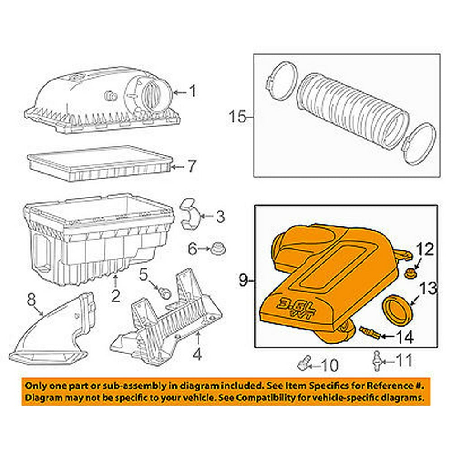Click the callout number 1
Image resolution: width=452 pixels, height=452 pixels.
(x=192, y=92)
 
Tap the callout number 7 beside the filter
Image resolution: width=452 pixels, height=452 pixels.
(x=192, y=167)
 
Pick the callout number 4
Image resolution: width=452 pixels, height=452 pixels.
(x=197, y=354)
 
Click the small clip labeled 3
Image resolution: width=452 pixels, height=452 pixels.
(x=190, y=213)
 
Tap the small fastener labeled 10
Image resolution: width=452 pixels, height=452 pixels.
(x=304, y=363)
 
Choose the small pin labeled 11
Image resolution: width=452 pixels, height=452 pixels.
(x=376, y=361)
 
